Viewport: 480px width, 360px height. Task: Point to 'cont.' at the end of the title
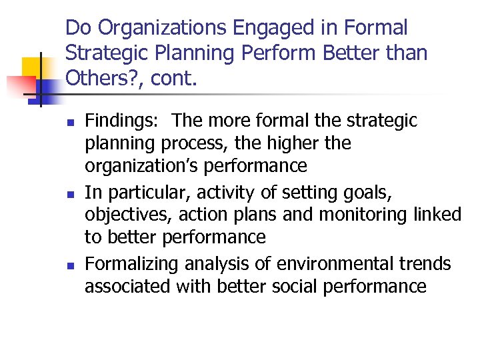(x=175, y=79)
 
